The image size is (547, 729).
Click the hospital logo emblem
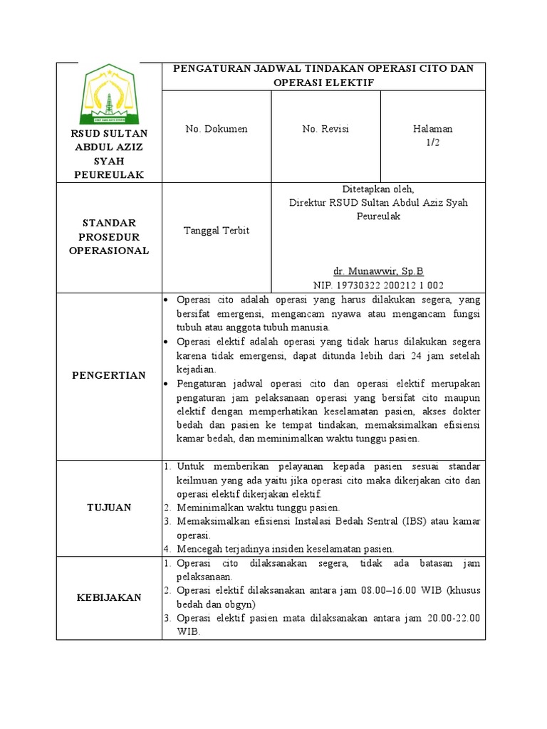coord(109,93)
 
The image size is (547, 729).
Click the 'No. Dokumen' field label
coord(217,129)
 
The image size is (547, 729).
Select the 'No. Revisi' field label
coord(325,129)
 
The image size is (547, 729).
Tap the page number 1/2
coord(433,142)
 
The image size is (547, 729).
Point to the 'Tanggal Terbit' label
coord(217,231)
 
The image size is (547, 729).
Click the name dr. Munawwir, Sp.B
coord(378,271)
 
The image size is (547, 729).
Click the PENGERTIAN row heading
coord(109,375)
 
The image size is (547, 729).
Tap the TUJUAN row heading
coord(109,507)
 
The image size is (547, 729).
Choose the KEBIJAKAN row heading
coord(109,598)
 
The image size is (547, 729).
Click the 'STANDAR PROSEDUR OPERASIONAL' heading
coord(109,236)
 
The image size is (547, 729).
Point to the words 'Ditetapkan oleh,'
coord(378,189)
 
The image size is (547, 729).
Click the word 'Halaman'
coord(433,129)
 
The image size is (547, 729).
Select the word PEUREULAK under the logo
coord(109,174)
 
